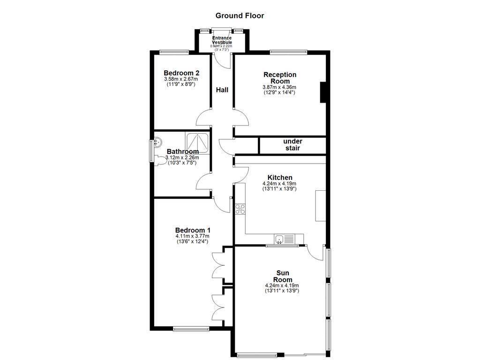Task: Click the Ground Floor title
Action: coord(240,15)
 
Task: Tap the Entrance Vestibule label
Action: coord(222,40)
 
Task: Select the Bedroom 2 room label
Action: coord(181,73)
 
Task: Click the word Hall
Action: coord(222,90)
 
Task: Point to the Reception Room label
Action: coord(280,78)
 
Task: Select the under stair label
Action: coord(292,145)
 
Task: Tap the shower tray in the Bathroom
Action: coord(197,143)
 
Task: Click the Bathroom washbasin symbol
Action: coord(158,141)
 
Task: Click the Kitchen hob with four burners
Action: coord(240,209)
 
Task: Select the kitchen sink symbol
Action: coord(279,240)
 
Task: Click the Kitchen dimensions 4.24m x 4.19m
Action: coord(279,183)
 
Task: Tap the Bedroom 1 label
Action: coord(192,230)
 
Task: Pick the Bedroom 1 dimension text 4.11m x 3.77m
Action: coord(192,236)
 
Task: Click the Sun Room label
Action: coord(283,277)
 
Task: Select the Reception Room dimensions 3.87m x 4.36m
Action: coord(279,87)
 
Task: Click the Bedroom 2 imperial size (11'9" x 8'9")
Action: coord(181,84)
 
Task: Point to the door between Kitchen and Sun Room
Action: coord(315,253)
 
